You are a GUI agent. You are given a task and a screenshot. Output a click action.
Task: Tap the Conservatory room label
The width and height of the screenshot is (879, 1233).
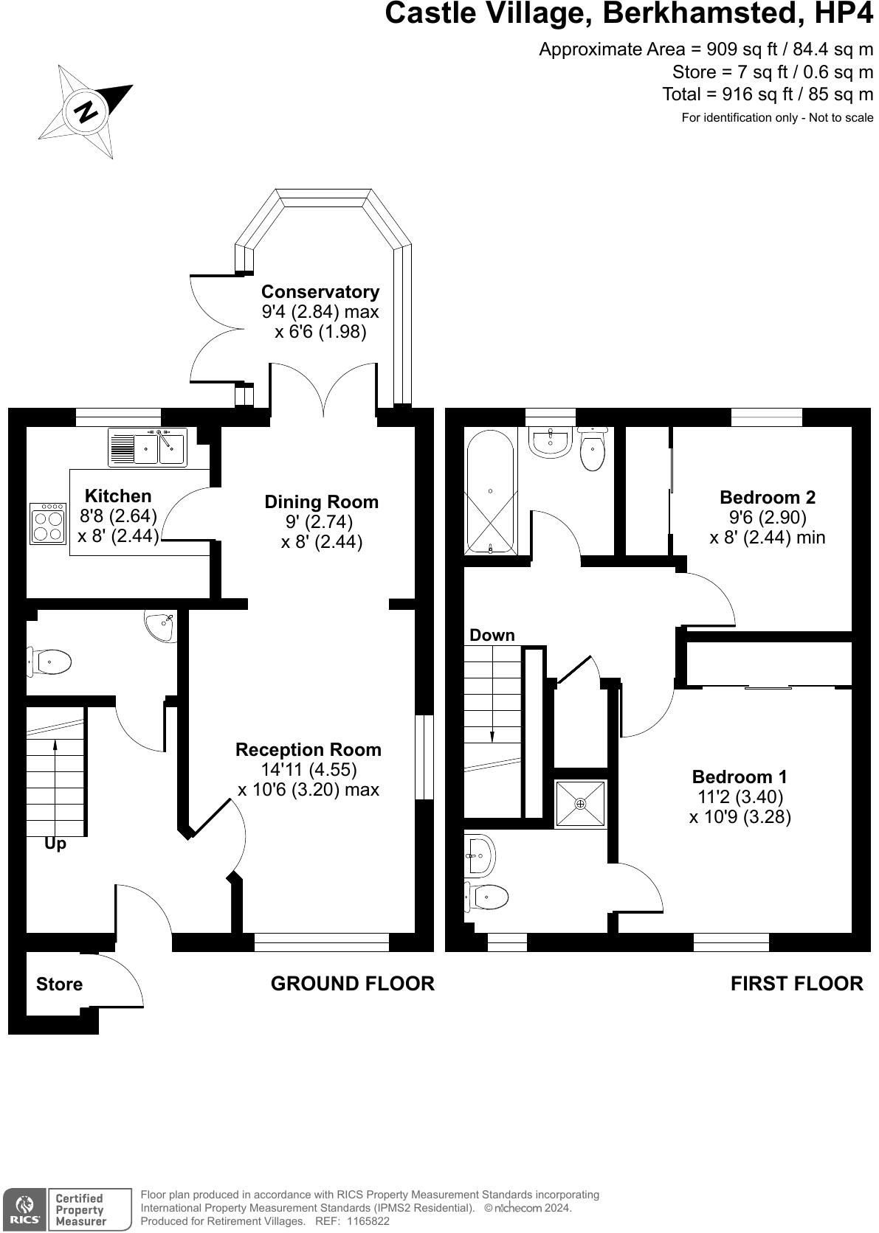pyautogui.click(x=320, y=292)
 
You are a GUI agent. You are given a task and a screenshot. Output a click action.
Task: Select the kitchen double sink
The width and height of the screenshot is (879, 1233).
pyautogui.click(x=148, y=447)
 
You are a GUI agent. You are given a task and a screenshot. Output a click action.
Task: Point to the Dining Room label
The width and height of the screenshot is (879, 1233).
pyautogui.click(x=321, y=502)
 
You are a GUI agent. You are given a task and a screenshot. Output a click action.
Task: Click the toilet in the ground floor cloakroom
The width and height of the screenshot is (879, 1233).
pyautogui.click(x=49, y=661)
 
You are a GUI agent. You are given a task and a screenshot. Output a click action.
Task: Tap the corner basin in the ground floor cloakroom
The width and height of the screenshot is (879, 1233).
pyautogui.click(x=161, y=627)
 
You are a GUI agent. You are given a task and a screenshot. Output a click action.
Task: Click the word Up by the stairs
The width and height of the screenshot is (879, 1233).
pyautogui.click(x=55, y=844)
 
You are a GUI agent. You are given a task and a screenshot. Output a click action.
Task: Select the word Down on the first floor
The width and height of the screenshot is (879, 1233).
pyautogui.click(x=492, y=635)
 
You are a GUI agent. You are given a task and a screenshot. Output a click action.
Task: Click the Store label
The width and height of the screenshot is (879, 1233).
pyautogui.click(x=59, y=984)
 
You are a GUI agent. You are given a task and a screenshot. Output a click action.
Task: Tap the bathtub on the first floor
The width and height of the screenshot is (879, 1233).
pyautogui.click(x=489, y=491)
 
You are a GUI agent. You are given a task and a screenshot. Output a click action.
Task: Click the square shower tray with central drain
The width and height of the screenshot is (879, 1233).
pyautogui.click(x=580, y=803)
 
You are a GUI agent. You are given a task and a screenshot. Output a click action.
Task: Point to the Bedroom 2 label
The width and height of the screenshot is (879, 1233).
pyautogui.click(x=768, y=497)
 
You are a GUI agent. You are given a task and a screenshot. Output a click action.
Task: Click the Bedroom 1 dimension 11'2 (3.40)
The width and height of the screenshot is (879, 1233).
pyautogui.click(x=740, y=796)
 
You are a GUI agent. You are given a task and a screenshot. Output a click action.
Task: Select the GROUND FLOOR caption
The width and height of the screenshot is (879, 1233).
pyautogui.click(x=352, y=983)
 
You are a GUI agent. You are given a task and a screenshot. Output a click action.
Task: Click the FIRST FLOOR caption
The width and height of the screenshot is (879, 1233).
pyautogui.click(x=796, y=983)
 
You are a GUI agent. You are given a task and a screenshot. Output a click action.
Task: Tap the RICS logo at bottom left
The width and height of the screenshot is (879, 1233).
pyautogui.click(x=24, y=1209)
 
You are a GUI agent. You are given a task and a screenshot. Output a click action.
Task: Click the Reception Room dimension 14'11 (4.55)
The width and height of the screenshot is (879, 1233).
pyautogui.click(x=308, y=769)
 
